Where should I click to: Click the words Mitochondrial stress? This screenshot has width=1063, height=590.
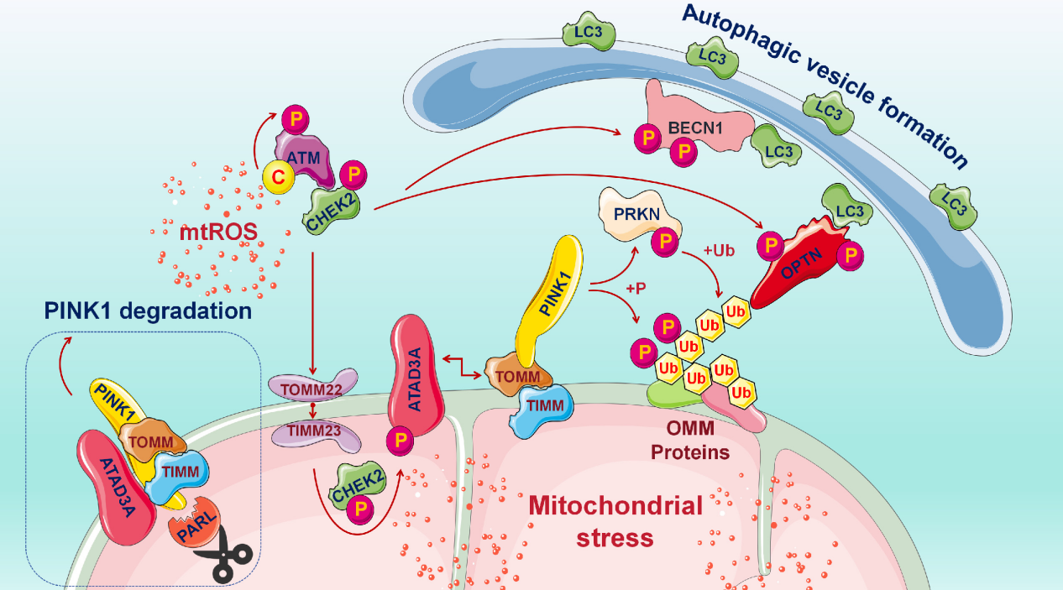tap(615, 520)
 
